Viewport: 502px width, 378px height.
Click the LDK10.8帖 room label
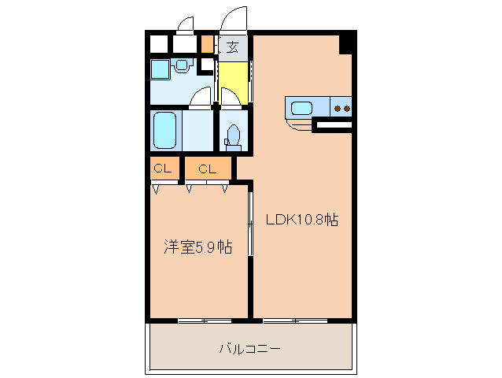[301, 221]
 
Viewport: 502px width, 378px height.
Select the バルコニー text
[249, 348]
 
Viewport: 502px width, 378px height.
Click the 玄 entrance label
[233, 46]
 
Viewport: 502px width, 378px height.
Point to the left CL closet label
[163, 169]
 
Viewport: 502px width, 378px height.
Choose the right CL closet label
[208, 169]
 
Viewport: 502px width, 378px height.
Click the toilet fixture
[232, 137]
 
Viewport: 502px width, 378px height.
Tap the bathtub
[165, 129]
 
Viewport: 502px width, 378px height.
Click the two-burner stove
[341, 107]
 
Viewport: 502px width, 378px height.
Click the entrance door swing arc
[234, 20]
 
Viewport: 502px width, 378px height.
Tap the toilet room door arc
[231, 98]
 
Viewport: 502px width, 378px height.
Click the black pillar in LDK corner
[345, 44]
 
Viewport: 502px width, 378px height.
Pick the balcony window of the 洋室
[203, 320]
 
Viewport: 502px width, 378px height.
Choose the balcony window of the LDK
[295, 320]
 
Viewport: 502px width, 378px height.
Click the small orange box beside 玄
[207, 44]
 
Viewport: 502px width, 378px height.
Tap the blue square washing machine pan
[160, 69]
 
